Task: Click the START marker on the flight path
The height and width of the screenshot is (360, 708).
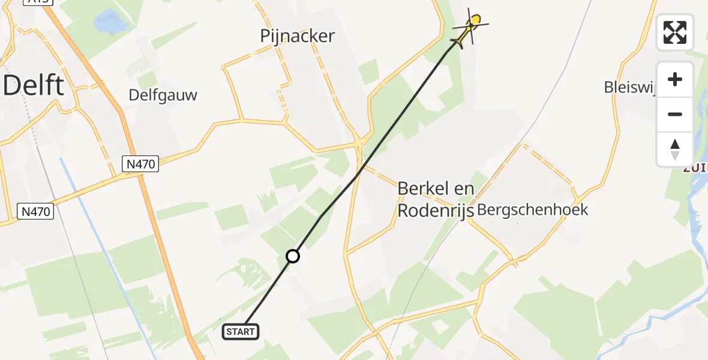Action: point(241,331)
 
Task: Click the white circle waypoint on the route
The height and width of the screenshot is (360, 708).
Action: point(293,256)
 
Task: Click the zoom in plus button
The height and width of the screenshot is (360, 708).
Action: point(675,79)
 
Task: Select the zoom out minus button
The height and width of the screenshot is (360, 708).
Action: point(675,114)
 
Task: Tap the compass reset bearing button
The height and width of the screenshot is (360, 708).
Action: point(675,149)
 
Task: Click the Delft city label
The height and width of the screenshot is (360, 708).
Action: point(34,86)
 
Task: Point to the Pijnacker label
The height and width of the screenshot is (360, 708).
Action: point(298,36)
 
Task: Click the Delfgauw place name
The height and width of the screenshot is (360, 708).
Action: point(163,95)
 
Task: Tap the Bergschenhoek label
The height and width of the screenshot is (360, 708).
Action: point(532,210)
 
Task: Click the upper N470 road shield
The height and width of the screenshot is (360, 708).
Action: point(140,163)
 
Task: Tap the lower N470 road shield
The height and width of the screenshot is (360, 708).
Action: point(35,211)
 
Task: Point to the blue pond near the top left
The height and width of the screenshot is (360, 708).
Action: point(112,23)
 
